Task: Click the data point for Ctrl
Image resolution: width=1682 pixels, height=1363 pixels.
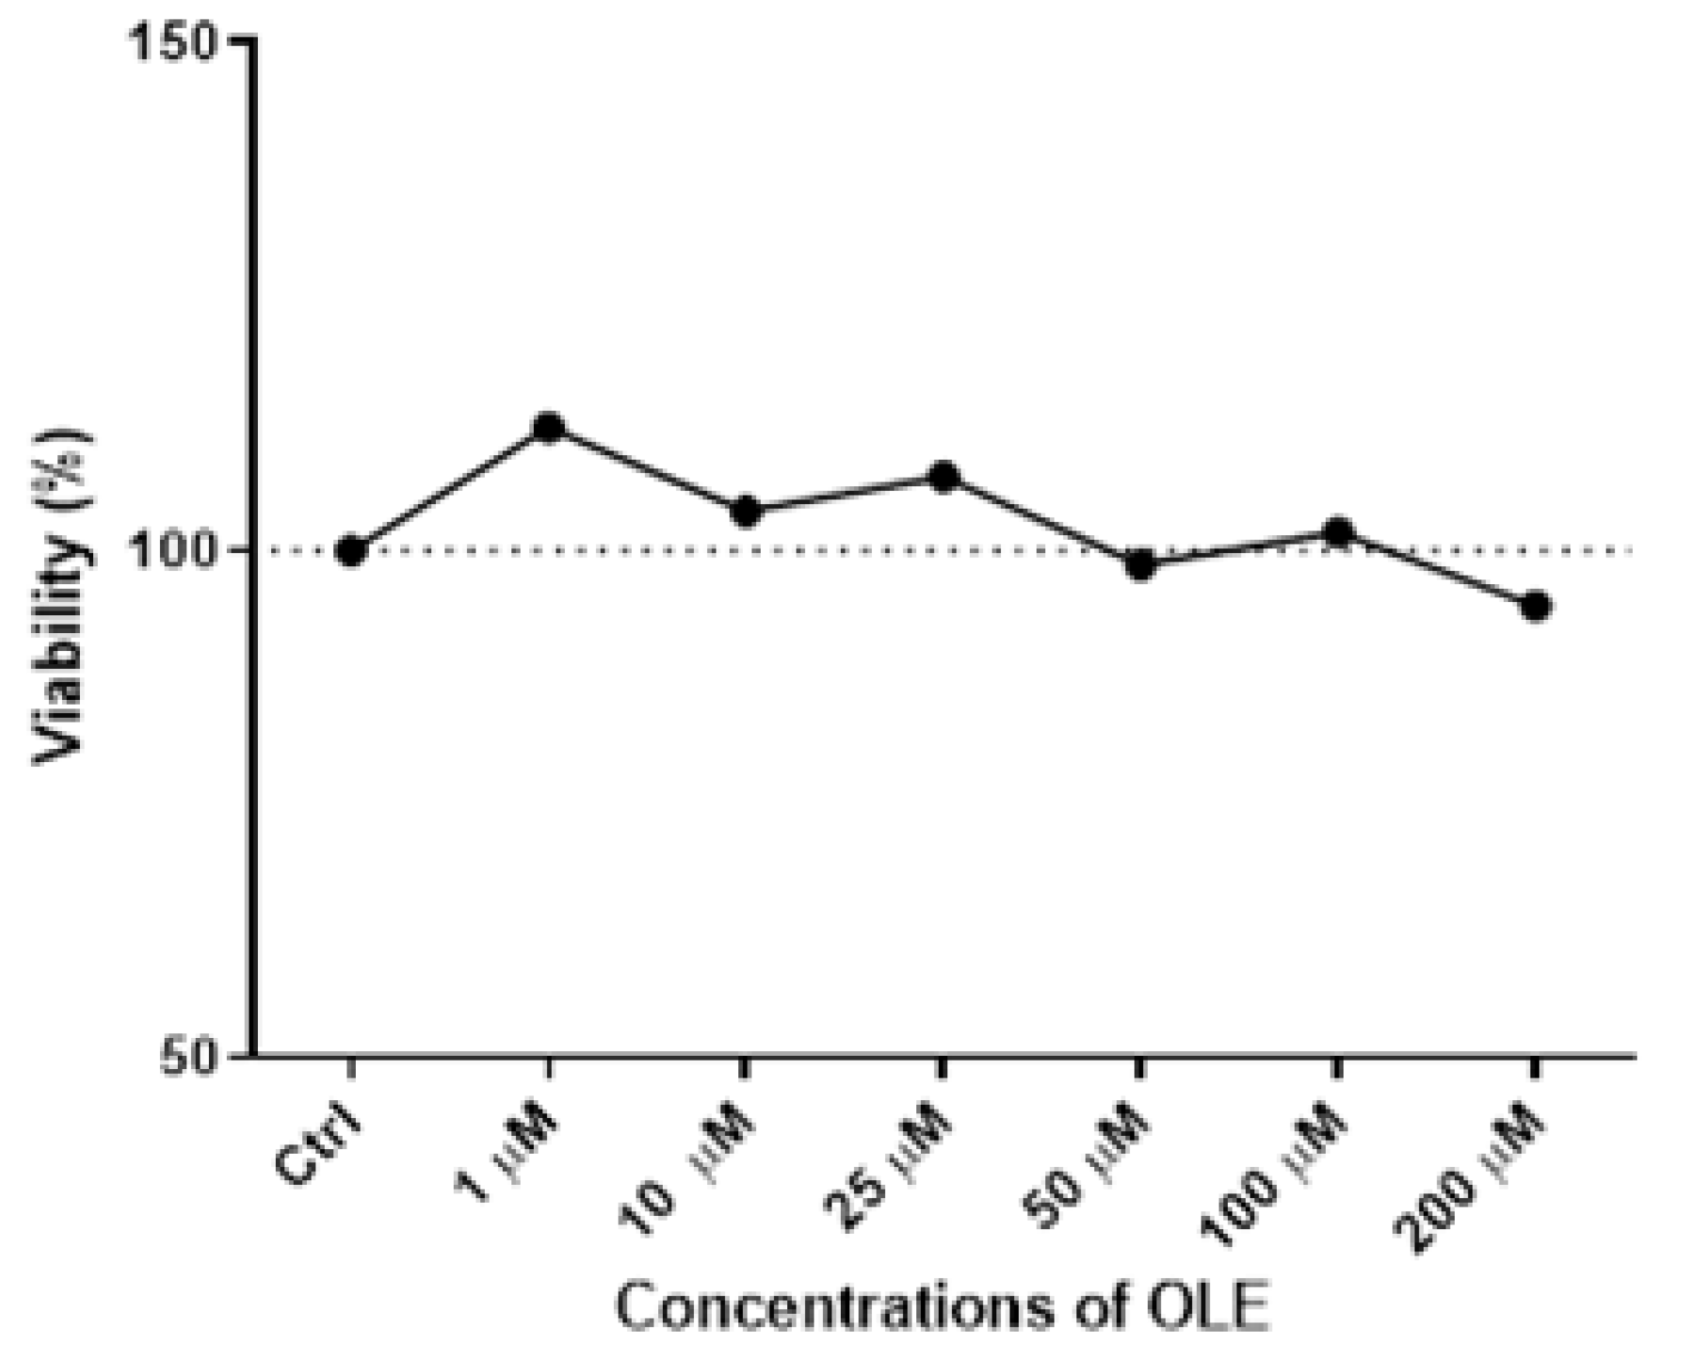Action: coord(350,551)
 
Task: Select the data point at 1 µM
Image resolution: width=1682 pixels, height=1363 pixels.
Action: coord(548,429)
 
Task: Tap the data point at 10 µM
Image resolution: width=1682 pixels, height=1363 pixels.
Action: coord(746,511)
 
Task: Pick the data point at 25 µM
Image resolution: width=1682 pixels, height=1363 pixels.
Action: coord(943,477)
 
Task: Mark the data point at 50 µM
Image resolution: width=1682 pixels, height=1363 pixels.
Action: coord(1140,565)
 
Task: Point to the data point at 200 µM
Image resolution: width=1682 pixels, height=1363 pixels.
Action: coord(1535,607)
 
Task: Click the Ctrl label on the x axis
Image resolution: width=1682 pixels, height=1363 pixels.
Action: coord(317,1146)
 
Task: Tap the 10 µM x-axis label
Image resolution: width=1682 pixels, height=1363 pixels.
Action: coord(689,1168)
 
